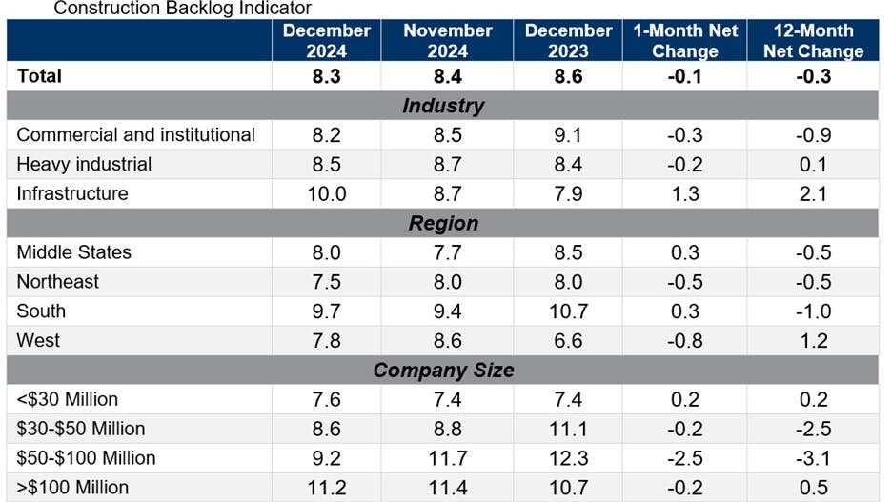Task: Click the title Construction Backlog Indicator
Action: pos(182,9)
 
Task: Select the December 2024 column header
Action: pos(327,40)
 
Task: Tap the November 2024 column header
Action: pos(448,40)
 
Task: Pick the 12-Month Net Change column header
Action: pos(813,40)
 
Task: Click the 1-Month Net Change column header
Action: pos(685,40)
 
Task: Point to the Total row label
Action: pos(39,75)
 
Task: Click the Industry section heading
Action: pos(443,106)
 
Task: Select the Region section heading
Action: pos(443,223)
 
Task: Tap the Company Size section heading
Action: pos(443,370)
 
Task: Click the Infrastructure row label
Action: pos(72,193)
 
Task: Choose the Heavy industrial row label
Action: pos(84,164)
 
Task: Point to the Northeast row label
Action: pos(58,282)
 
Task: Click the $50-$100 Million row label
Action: pos(86,458)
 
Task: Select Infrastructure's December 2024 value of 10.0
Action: pos(327,194)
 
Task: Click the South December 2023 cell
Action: pos(568,311)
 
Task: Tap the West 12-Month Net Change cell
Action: pos(813,341)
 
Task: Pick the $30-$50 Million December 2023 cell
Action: pos(568,429)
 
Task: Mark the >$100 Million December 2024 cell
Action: pos(327,488)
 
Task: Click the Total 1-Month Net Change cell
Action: pos(685,76)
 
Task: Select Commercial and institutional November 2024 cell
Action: pos(448,135)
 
